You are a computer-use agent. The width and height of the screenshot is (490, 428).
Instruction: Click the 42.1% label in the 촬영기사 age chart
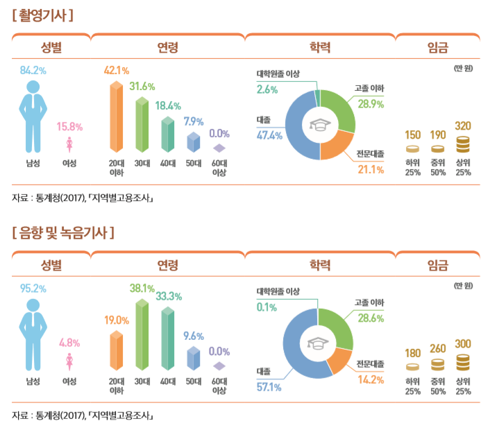pos(117,71)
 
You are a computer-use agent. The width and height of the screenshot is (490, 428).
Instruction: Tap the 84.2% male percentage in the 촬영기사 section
pos(33,71)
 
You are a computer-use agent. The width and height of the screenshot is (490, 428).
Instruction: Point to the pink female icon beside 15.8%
pos(69,144)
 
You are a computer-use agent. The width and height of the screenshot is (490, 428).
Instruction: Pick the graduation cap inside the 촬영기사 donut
pos(320,126)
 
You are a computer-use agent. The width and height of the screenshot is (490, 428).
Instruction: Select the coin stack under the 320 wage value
pos(463,144)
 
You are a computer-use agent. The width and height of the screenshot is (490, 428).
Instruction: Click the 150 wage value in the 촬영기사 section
pos(413,133)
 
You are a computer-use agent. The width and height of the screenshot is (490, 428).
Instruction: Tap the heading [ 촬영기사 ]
pos(43,14)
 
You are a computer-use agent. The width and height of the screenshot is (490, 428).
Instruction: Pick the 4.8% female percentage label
pos(69,343)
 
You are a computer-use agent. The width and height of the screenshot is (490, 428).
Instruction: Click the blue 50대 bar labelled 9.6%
pos(193,357)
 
